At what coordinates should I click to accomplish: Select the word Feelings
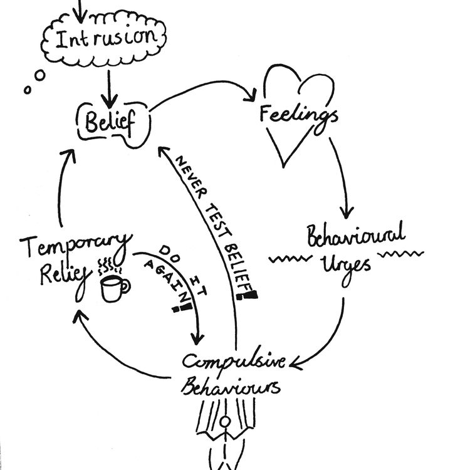click(299, 114)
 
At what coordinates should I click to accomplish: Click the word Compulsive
click(233, 362)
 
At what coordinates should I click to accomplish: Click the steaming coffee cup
click(114, 287)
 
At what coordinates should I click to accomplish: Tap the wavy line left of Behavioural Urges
click(285, 258)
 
